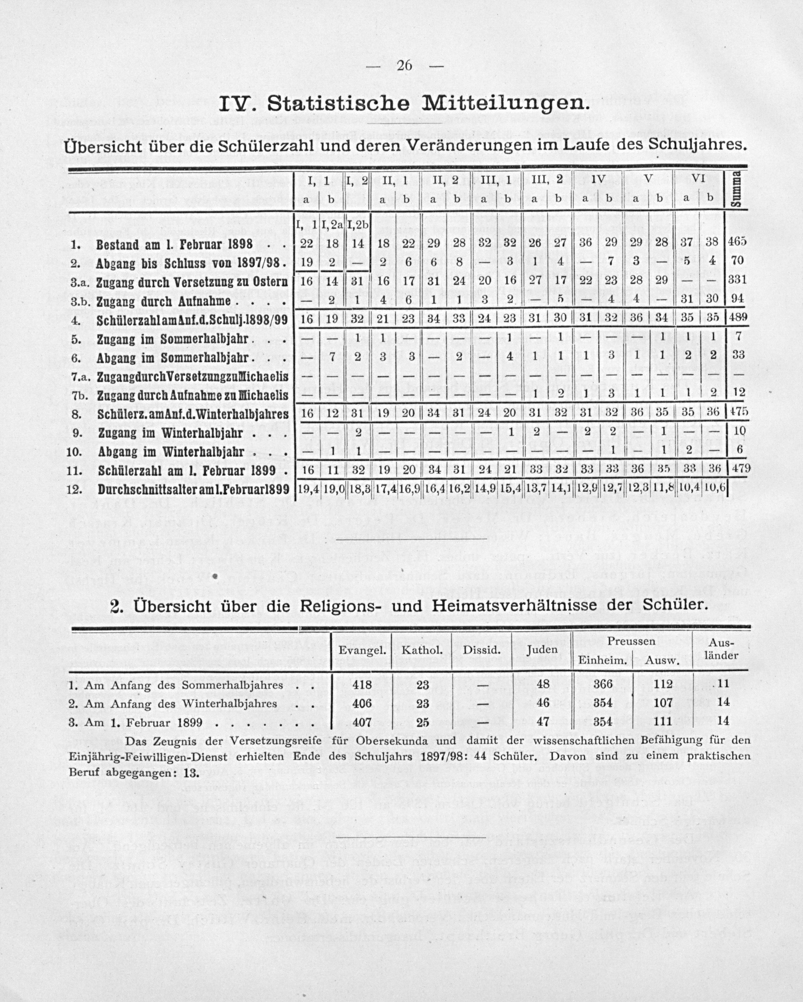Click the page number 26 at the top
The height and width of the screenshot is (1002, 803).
pyautogui.click(x=404, y=65)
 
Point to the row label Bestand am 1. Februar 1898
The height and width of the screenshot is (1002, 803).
pyautogui.click(x=175, y=244)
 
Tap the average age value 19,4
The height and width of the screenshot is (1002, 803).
pyautogui.click(x=308, y=489)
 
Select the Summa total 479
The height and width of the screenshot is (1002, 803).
pyautogui.click(x=739, y=469)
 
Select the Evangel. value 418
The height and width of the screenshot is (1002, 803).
pyautogui.click(x=362, y=684)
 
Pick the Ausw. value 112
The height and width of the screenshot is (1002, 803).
pyautogui.click(x=663, y=684)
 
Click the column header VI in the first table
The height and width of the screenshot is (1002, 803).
pyautogui.click(x=698, y=179)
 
